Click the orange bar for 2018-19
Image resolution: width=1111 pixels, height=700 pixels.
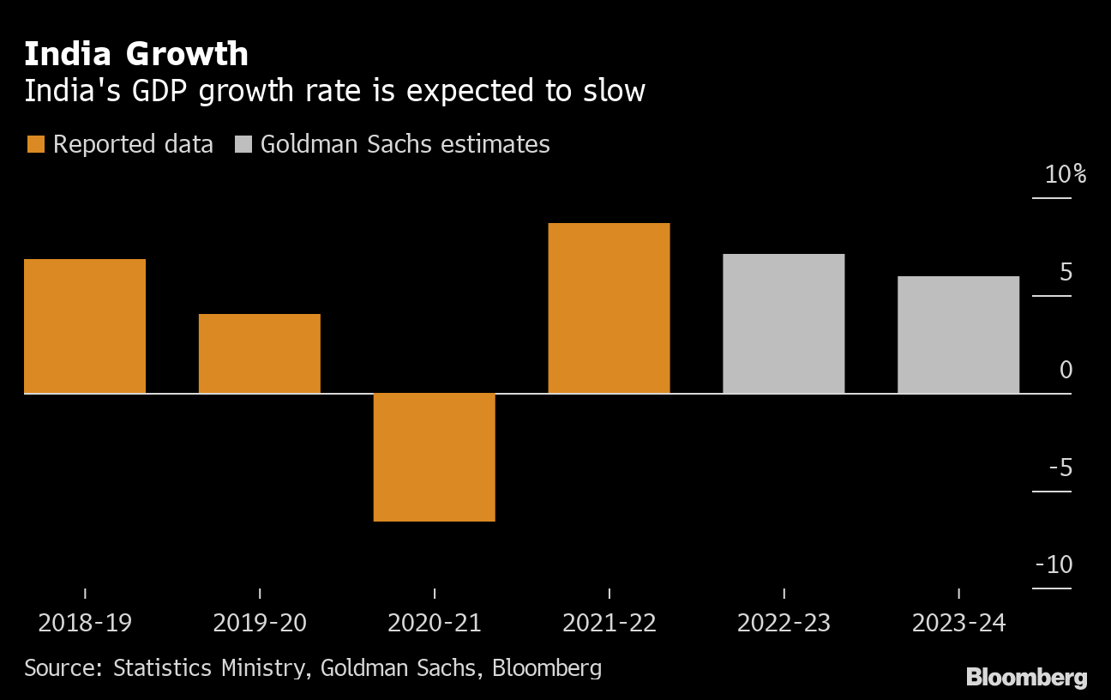pos(85,326)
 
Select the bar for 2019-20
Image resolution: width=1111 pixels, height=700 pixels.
pos(260,353)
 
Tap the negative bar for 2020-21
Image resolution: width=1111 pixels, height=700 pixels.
pos(435,457)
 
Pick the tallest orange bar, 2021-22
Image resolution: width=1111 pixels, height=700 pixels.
pos(609,308)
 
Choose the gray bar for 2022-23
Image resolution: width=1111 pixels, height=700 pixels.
pos(784,323)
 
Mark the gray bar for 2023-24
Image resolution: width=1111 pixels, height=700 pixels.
pos(958,335)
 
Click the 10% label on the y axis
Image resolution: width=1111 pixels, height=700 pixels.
pos(1066,175)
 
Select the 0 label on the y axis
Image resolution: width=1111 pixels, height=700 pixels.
pos(1066,371)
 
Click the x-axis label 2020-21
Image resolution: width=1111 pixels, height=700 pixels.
pos(435,622)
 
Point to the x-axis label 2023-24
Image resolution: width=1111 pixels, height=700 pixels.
pos(958,622)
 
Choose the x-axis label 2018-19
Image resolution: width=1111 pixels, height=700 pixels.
pos(85,622)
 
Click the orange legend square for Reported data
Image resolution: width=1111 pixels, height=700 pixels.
pos(35,144)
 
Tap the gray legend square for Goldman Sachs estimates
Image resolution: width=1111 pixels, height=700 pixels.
pos(243,144)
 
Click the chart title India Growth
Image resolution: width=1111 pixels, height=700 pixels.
pos(136,54)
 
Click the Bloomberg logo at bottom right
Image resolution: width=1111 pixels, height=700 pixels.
pos(1026,677)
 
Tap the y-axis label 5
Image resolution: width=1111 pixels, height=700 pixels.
pos(1066,273)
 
